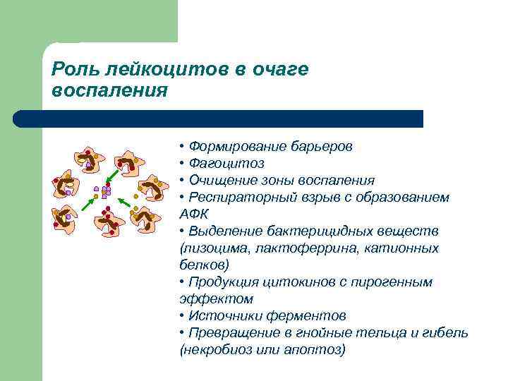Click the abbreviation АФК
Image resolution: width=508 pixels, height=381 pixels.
[x=194, y=214]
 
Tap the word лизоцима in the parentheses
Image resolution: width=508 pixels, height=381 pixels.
[x=212, y=248]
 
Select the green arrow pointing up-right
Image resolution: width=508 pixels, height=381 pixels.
[x=90, y=204]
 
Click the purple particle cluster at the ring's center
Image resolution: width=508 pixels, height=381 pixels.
[x=105, y=191]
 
